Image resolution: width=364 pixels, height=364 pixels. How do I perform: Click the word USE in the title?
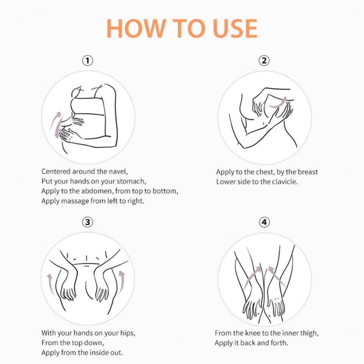click(235, 28)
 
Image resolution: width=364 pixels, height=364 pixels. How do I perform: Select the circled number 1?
click(88, 61)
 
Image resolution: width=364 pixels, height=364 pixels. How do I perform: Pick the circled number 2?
click(264, 61)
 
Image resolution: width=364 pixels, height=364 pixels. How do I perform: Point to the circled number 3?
click(88, 222)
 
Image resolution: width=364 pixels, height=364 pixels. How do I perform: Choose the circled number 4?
click(264, 222)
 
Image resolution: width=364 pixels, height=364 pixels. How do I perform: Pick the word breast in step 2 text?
click(308, 172)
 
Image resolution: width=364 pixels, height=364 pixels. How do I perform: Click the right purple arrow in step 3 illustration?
click(122, 283)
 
